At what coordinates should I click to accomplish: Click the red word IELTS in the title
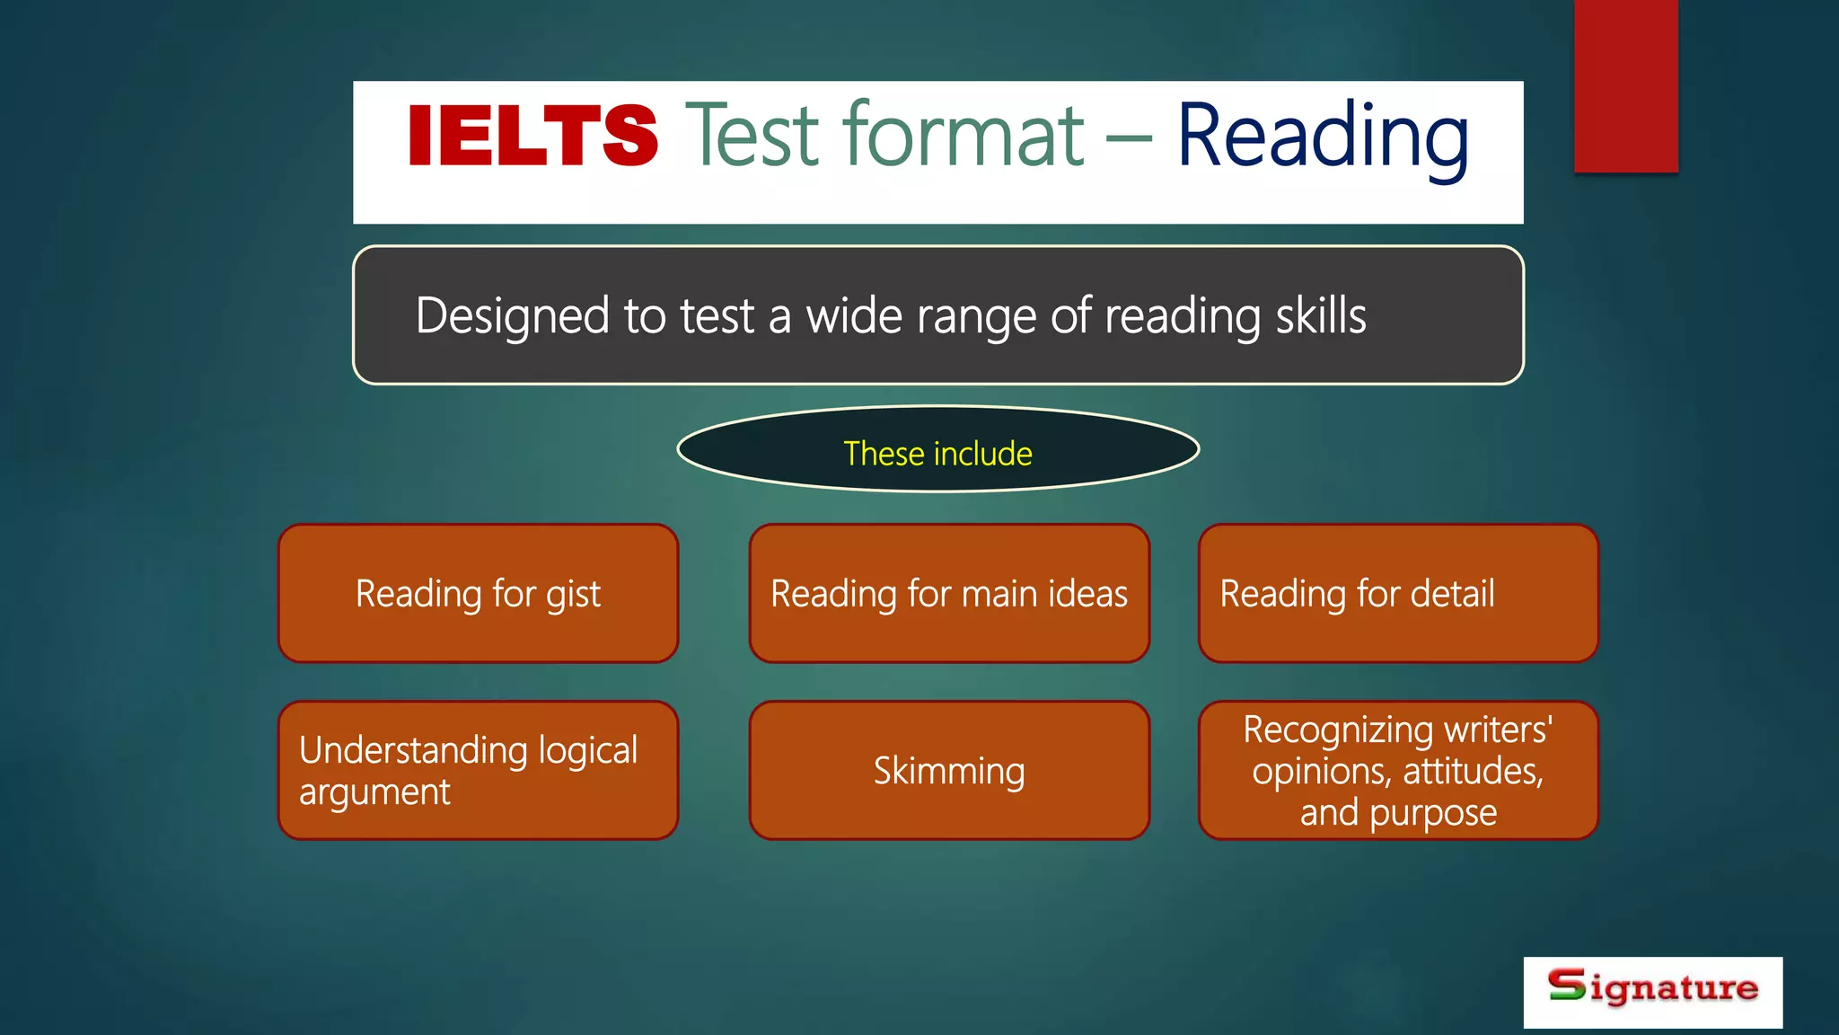(x=532, y=136)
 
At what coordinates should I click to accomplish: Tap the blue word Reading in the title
(x=1323, y=137)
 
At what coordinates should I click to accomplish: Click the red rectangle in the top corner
(x=1625, y=86)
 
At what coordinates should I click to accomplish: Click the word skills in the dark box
(x=1320, y=316)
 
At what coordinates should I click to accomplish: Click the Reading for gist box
(x=478, y=594)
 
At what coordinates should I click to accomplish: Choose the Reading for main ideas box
(x=949, y=594)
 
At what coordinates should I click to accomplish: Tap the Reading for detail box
(x=1398, y=594)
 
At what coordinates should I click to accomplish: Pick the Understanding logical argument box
(x=478, y=771)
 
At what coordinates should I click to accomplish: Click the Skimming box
(x=949, y=771)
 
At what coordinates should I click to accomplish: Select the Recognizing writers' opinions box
(x=1398, y=771)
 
